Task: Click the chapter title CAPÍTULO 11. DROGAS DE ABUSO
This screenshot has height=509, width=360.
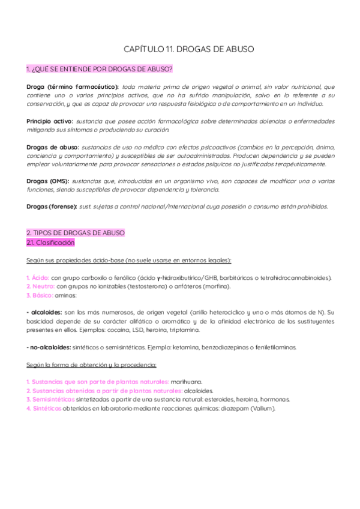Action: pos(180,49)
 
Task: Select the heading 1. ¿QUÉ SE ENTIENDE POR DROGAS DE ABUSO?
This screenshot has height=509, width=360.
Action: pos(100,69)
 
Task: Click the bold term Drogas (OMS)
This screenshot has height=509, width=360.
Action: pos(48,181)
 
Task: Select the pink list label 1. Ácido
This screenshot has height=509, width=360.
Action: pos(37,278)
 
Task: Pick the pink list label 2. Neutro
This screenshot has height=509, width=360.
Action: pos(40,286)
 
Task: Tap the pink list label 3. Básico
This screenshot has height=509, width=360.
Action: pos(41,295)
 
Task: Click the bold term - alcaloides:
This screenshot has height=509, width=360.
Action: pos(44,312)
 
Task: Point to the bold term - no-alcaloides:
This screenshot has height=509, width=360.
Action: pos(49,347)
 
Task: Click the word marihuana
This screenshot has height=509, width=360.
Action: pos(187,381)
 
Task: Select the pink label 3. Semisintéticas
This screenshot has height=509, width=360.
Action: pos(53,399)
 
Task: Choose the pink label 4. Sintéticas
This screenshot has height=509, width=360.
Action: pos(44,408)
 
